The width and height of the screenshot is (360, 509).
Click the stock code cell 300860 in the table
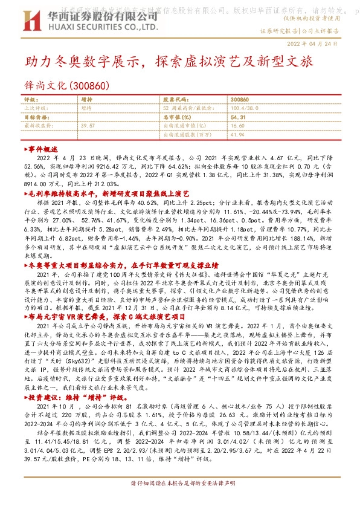tap(240, 99)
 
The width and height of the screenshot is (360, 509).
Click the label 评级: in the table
tap(30, 99)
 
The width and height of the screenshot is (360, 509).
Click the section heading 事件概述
tap(42, 148)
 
